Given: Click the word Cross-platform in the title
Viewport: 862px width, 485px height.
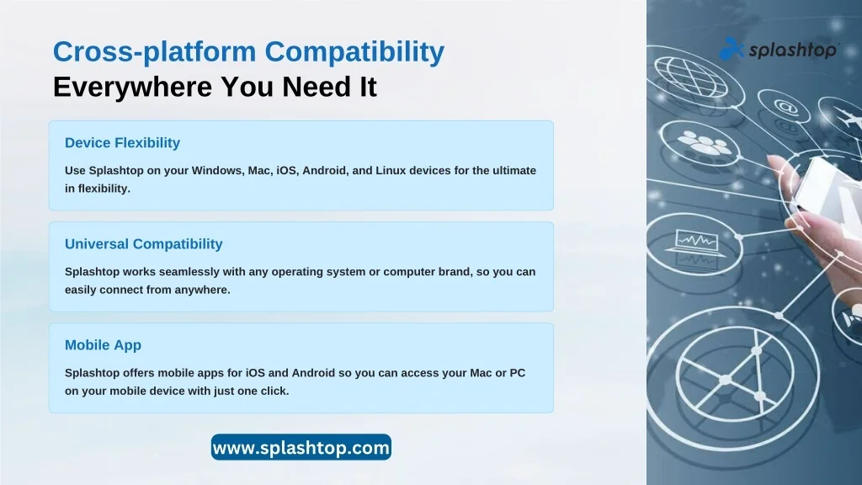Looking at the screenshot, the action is [x=155, y=51].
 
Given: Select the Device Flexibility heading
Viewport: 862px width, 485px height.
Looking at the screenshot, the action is [x=122, y=143].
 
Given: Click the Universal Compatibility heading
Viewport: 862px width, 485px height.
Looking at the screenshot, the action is [x=143, y=244].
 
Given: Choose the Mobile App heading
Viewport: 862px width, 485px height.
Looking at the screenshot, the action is [x=103, y=345].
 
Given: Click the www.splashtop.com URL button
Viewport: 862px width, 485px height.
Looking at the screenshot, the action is [x=301, y=448].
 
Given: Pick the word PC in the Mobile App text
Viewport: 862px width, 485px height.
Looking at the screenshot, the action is [x=518, y=373].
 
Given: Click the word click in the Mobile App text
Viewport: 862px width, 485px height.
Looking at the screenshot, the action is [x=274, y=391].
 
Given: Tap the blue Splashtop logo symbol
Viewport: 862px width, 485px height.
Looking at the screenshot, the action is [x=732, y=49].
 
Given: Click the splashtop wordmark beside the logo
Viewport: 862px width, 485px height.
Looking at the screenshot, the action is [x=792, y=50].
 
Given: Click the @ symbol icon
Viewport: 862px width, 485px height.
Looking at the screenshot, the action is [x=786, y=105].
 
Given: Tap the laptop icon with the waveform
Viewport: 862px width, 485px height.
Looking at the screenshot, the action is [x=694, y=242].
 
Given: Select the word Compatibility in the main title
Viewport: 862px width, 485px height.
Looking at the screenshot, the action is [x=354, y=51].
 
